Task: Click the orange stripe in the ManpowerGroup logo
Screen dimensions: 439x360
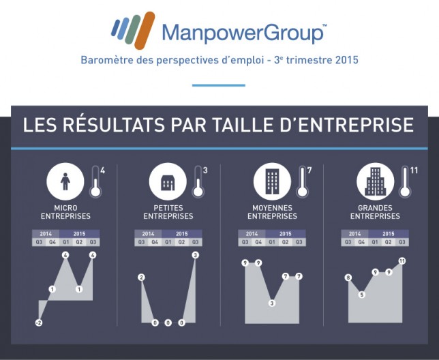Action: click(x=145, y=30)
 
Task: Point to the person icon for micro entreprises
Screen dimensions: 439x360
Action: click(x=65, y=181)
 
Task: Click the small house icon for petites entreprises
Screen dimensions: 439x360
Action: click(x=168, y=183)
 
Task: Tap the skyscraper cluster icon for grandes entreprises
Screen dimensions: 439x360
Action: click(x=375, y=181)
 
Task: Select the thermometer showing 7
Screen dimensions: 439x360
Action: click(x=303, y=181)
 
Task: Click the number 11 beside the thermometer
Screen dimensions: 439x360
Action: click(x=414, y=170)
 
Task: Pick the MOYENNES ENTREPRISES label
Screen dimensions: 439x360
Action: click(x=272, y=212)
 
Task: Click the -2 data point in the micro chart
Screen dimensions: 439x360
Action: click(x=39, y=322)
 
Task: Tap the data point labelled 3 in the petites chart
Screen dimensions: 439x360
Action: click(x=196, y=255)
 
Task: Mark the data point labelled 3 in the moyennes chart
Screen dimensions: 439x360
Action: click(x=272, y=303)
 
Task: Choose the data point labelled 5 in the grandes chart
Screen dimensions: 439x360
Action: click(x=362, y=295)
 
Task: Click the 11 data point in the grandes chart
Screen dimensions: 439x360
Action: click(x=402, y=261)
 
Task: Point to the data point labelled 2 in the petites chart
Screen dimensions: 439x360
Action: click(x=141, y=277)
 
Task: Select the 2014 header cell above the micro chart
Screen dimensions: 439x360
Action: click(x=46, y=234)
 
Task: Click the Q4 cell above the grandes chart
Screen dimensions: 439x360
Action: click(x=361, y=242)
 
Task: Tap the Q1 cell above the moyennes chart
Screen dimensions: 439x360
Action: click(x=272, y=242)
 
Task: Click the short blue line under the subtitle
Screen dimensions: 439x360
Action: click(x=219, y=85)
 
